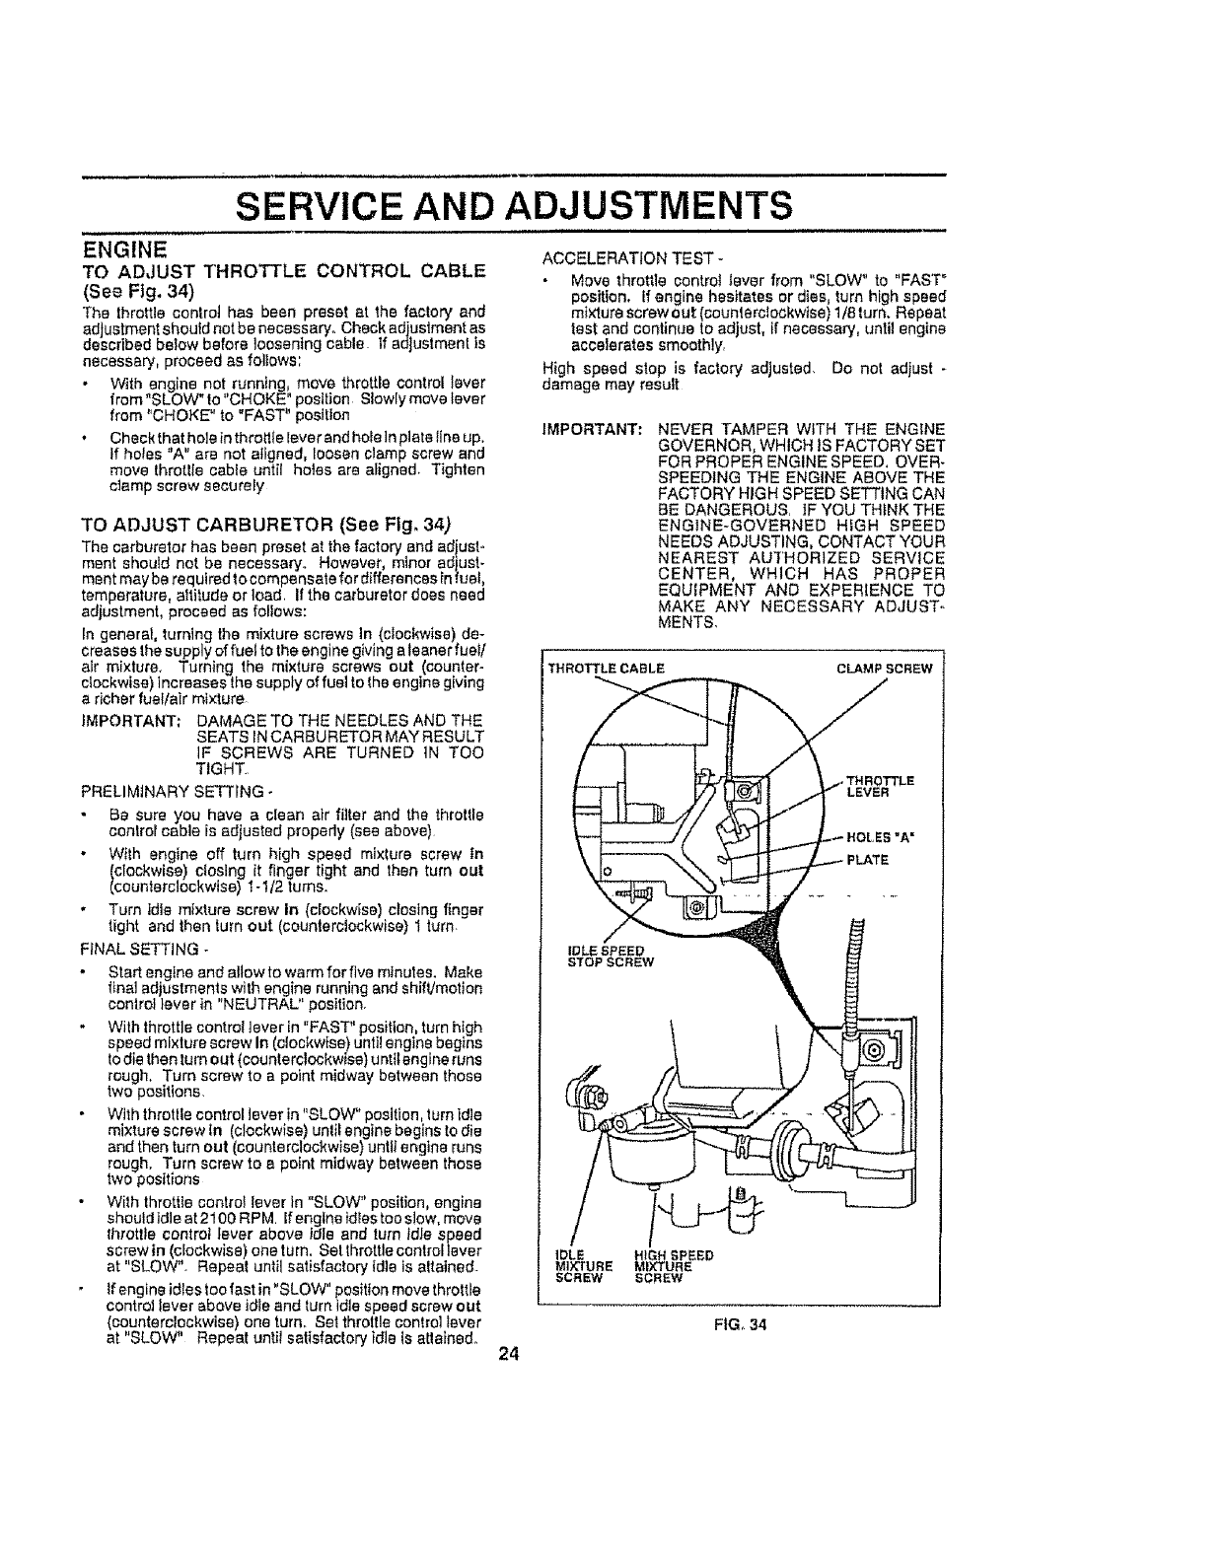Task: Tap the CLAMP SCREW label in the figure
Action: click(884, 668)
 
